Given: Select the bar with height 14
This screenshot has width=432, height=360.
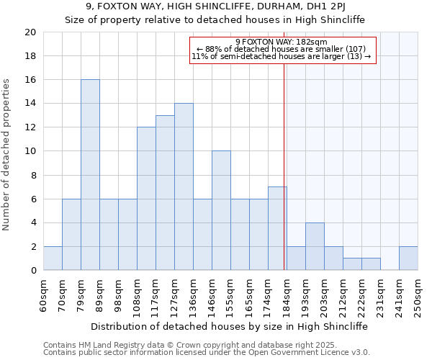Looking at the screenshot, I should (x=184, y=186).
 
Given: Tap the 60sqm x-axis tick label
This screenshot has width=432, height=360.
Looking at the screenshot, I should (x=44, y=292).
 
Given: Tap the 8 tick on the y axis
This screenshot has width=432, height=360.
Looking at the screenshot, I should (x=32, y=175).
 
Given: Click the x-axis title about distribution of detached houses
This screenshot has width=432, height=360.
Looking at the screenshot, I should (x=230, y=326).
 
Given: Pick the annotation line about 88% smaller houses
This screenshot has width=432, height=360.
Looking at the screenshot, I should (x=282, y=49).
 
